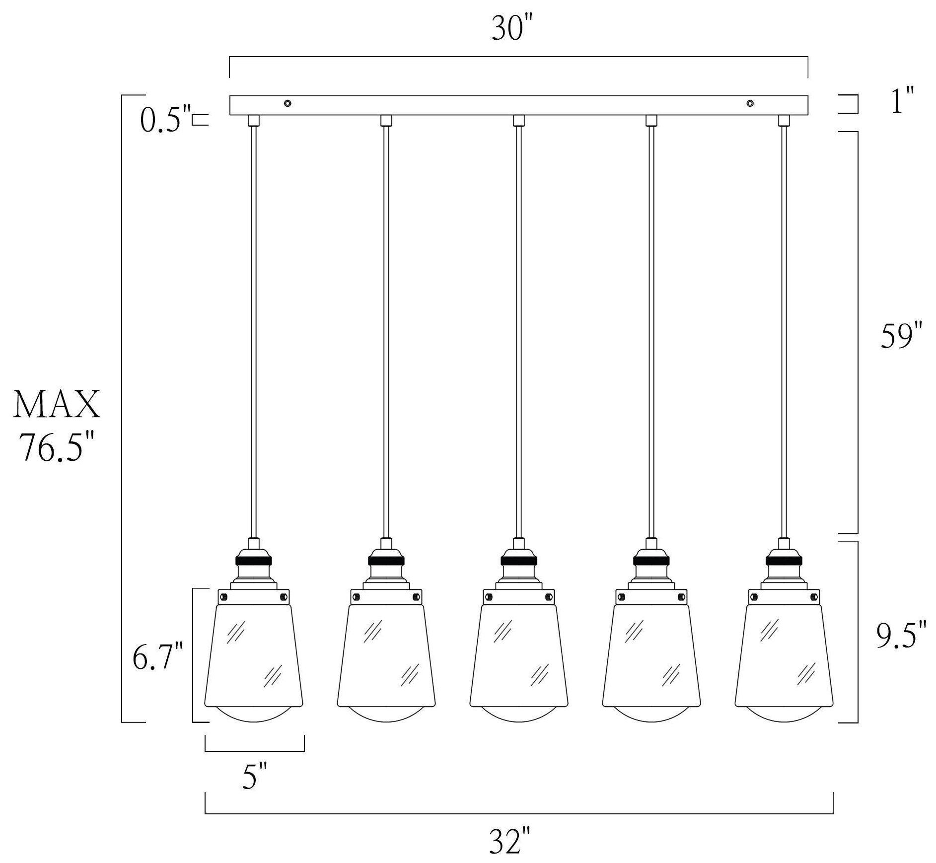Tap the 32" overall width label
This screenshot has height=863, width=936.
point(510,840)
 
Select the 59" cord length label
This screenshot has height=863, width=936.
point(902,336)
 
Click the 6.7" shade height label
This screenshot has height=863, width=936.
point(157,656)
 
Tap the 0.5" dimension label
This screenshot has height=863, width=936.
point(166,121)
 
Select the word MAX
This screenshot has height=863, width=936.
point(57,404)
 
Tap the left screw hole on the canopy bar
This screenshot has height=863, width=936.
point(288,103)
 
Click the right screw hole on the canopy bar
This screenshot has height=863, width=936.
point(750,103)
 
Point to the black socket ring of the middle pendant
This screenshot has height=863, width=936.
point(518,561)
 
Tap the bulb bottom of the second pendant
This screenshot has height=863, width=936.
point(386,715)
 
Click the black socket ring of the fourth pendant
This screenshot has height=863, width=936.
point(651,561)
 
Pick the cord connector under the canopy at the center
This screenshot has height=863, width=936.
point(519,121)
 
